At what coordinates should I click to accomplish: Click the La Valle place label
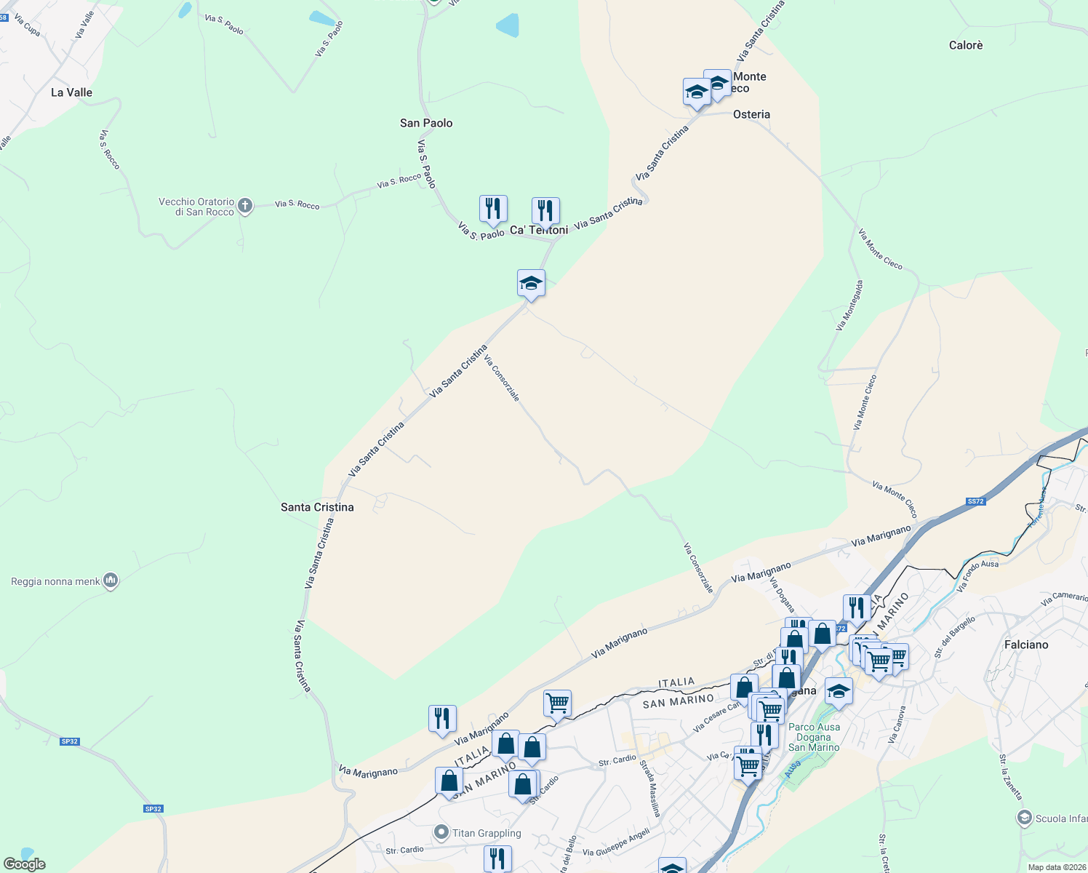tap(71, 92)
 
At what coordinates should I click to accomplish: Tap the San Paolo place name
tap(426, 123)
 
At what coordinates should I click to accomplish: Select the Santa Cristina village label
tap(317, 507)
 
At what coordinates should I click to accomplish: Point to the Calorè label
tap(966, 45)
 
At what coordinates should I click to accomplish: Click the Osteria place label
tap(751, 114)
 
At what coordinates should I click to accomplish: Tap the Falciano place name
tap(1026, 645)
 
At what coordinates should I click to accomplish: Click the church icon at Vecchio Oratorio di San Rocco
tap(246, 206)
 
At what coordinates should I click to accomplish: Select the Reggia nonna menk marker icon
tap(111, 581)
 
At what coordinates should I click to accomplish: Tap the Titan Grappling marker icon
tap(441, 832)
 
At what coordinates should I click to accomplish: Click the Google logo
tap(24, 864)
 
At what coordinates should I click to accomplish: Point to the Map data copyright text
tap(1054, 867)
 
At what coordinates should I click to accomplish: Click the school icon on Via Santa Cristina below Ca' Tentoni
tap(531, 282)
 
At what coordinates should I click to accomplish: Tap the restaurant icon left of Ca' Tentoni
tap(493, 209)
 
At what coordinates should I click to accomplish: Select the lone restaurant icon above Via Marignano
tap(442, 718)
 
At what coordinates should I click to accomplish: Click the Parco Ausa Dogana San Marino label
tap(814, 737)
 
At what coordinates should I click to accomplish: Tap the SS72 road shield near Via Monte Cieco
tap(975, 501)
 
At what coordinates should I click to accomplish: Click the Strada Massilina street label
tap(649, 788)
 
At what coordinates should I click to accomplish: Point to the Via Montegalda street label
tap(849, 306)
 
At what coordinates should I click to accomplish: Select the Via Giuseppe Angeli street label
tap(616, 842)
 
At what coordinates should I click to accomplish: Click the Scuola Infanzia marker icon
tap(1024, 818)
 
